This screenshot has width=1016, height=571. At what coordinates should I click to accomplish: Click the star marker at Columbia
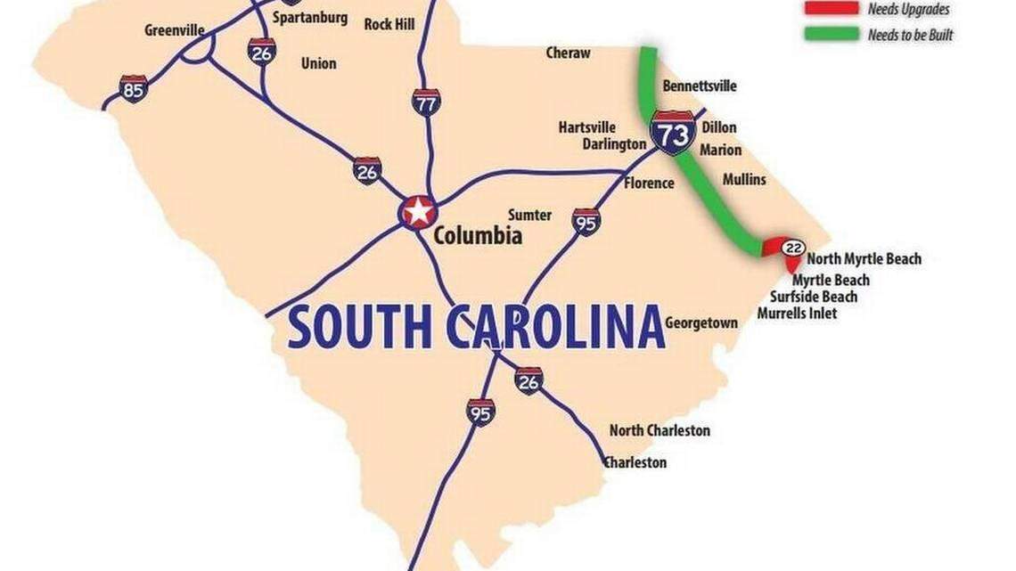click(x=418, y=212)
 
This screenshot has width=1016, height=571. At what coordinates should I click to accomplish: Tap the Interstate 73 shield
click(x=673, y=133)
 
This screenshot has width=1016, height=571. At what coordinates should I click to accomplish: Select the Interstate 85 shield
click(x=133, y=88)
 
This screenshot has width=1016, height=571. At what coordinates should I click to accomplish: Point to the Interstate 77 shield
click(x=426, y=102)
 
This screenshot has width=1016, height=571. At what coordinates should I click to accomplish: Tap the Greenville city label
click(x=175, y=30)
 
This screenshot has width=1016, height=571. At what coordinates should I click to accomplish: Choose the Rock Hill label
click(x=389, y=24)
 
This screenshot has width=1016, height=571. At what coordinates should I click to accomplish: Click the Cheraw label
click(x=568, y=53)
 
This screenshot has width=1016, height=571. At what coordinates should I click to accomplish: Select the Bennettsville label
click(x=700, y=86)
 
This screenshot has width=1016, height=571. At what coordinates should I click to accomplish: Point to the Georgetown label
click(x=701, y=322)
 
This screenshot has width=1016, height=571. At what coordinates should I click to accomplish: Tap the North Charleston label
click(x=660, y=430)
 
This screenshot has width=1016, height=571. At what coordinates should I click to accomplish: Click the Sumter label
click(x=529, y=215)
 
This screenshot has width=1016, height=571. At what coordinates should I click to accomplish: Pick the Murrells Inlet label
click(x=797, y=314)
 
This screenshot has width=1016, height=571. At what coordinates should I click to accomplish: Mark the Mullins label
click(x=744, y=179)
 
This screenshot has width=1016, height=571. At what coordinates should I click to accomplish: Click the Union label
click(x=319, y=63)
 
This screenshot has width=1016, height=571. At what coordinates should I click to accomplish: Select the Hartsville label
click(x=587, y=127)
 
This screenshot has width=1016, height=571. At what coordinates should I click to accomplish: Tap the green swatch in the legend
click(x=830, y=35)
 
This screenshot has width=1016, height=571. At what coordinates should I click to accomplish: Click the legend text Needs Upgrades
click(x=908, y=10)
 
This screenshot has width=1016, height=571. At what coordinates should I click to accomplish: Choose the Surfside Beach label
click(x=814, y=297)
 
